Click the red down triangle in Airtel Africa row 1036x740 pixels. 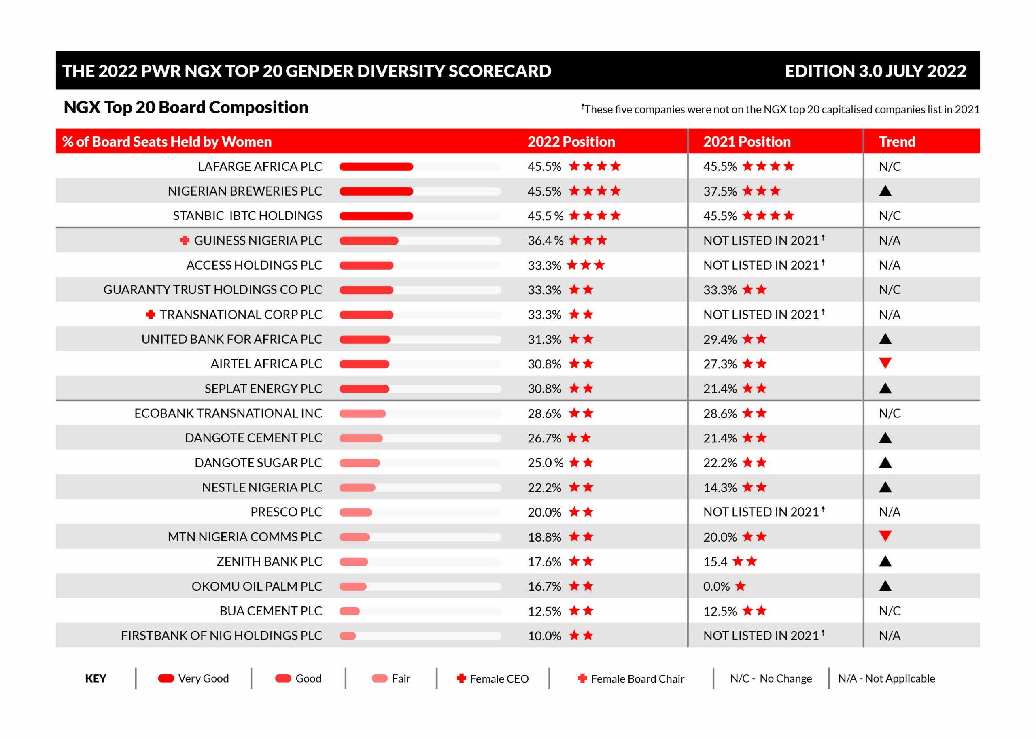pyautogui.click(x=885, y=363)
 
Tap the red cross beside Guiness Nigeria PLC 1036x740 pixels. pyautogui.click(x=185, y=240)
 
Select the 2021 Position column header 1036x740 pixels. pyautogui.click(x=746, y=142)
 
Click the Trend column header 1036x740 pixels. pyautogui.click(x=896, y=142)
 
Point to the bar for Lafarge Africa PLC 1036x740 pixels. pyautogui.click(x=376, y=167)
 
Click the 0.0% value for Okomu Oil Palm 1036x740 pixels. pyautogui.click(x=716, y=586)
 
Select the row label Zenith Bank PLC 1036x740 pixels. pyautogui.click(x=269, y=561)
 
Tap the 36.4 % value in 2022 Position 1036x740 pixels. pyautogui.click(x=545, y=240)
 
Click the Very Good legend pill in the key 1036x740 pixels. pyautogui.click(x=166, y=678)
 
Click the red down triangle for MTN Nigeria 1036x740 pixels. pyautogui.click(x=885, y=536)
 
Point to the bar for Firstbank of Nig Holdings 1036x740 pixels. pyautogui.click(x=348, y=636)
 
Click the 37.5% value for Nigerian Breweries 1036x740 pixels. pyautogui.click(x=720, y=191)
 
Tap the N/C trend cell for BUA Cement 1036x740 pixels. pyautogui.click(x=890, y=610)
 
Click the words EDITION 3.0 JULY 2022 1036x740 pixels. pyautogui.click(x=875, y=71)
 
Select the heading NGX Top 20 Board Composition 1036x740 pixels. pyautogui.click(x=186, y=108)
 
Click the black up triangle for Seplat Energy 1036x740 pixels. pyautogui.click(x=885, y=388)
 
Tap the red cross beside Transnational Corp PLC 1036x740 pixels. pyautogui.click(x=150, y=315)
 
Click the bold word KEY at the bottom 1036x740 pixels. pyautogui.click(x=96, y=678)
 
